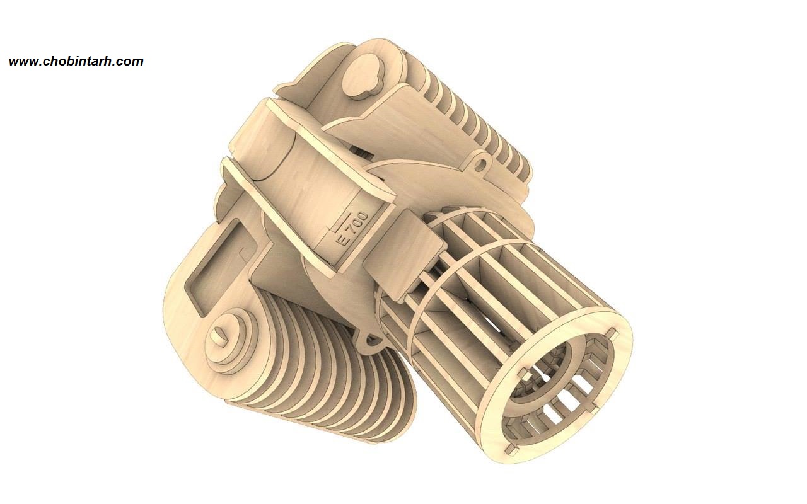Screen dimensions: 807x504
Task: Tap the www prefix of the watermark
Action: coord(24,62)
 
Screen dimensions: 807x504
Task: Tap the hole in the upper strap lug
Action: coord(479,166)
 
